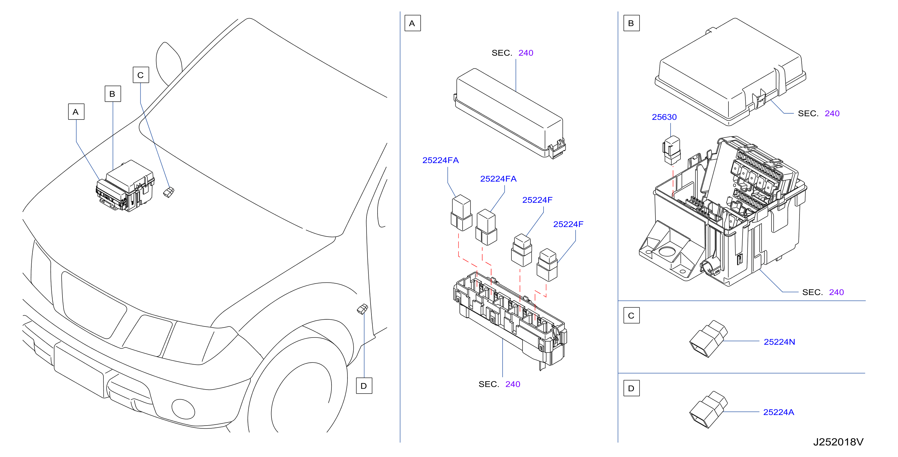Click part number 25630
coord(664,117)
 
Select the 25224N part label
coord(779,342)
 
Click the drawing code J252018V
coord(838,442)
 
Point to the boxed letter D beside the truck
coord(364,386)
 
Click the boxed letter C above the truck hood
coord(141,75)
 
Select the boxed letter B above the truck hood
coord(113,94)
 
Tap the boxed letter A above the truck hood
coord(76,112)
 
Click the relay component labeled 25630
coord(671,150)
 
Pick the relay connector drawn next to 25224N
coord(708,339)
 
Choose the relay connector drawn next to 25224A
coord(708,410)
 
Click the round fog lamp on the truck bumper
coord(183,409)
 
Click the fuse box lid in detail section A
coord(509,113)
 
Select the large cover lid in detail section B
coord(730,72)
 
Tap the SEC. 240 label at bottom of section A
coord(499,384)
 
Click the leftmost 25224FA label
coord(440,160)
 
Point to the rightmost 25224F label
coord(568,224)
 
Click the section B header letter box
coord(631,23)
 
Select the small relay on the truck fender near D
coord(363,309)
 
